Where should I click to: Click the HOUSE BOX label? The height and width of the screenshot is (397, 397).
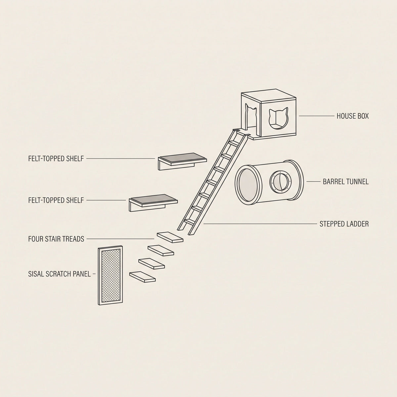click(352, 116)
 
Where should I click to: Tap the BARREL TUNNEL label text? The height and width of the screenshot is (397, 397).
click(346, 182)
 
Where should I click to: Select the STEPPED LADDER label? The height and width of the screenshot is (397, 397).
click(344, 224)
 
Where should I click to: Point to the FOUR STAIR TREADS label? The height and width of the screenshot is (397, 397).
click(56, 239)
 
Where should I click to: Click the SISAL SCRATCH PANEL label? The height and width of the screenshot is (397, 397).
click(59, 274)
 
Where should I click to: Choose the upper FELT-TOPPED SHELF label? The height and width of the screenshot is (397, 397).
click(56, 158)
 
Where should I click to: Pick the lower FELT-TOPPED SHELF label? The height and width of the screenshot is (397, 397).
click(56, 200)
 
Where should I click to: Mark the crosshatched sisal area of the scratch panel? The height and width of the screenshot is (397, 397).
click(110, 275)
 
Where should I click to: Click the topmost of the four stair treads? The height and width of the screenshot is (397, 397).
click(170, 237)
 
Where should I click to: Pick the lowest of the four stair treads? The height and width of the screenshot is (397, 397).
click(142, 277)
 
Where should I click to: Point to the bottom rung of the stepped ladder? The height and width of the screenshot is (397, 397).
click(190, 222)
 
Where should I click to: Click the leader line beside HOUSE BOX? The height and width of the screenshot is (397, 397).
click(317, 116)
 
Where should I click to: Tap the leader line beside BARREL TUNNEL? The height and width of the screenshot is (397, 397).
click(314, 182)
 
